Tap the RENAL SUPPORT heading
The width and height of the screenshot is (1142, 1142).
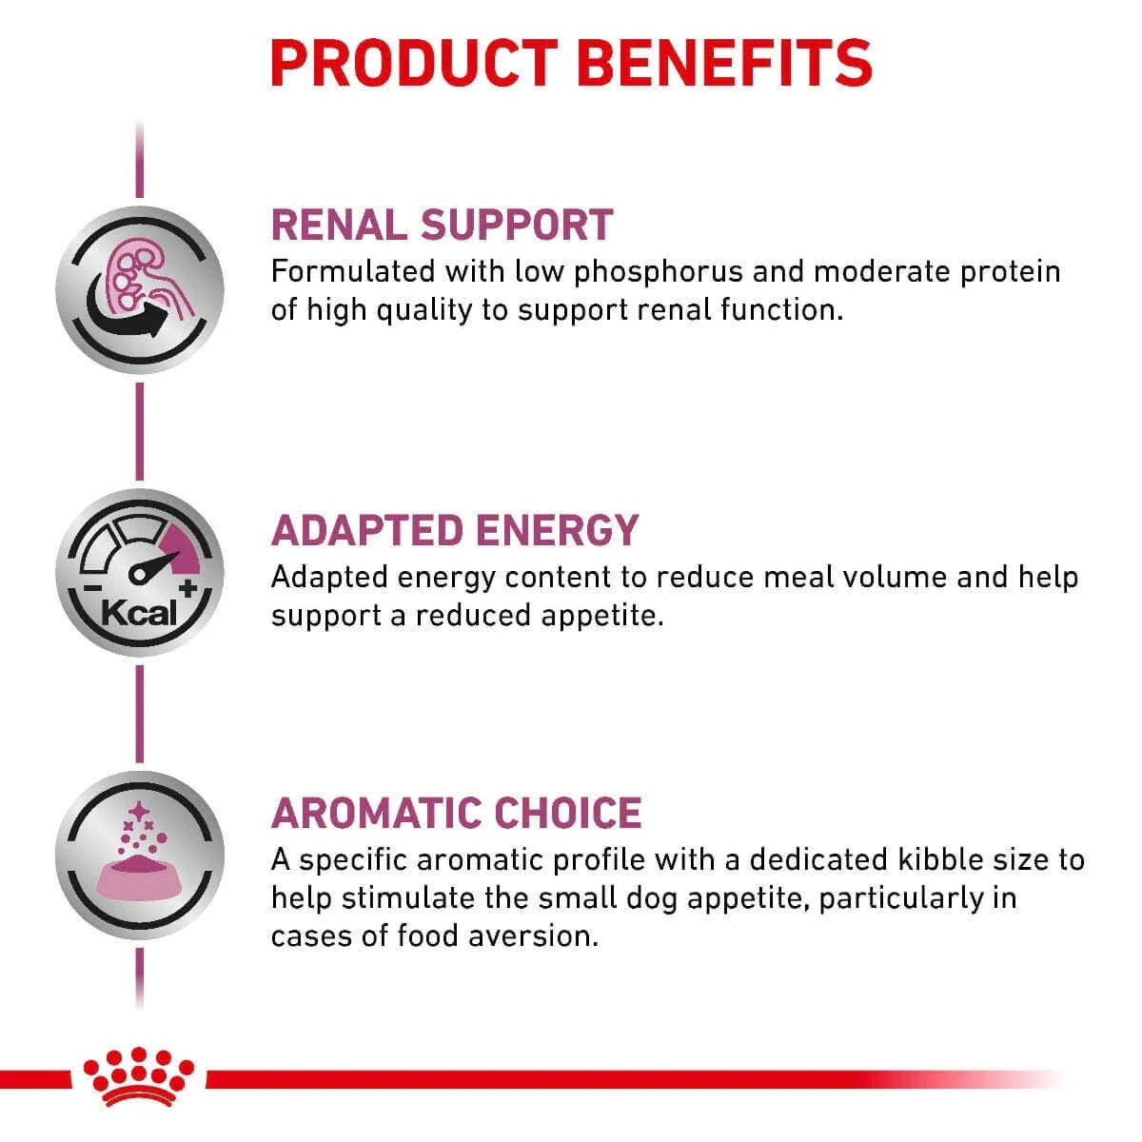pos(442,225)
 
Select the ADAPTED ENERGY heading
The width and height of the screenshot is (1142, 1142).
pos(455,530)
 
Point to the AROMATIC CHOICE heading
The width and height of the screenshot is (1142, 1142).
pos(457,813)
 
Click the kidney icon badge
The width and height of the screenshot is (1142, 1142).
pos(140,288)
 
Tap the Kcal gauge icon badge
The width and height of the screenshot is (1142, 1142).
pos(140,572)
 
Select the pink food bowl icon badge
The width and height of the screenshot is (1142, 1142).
pos(140,855)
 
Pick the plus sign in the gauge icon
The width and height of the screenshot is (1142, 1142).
pos(187,588)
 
